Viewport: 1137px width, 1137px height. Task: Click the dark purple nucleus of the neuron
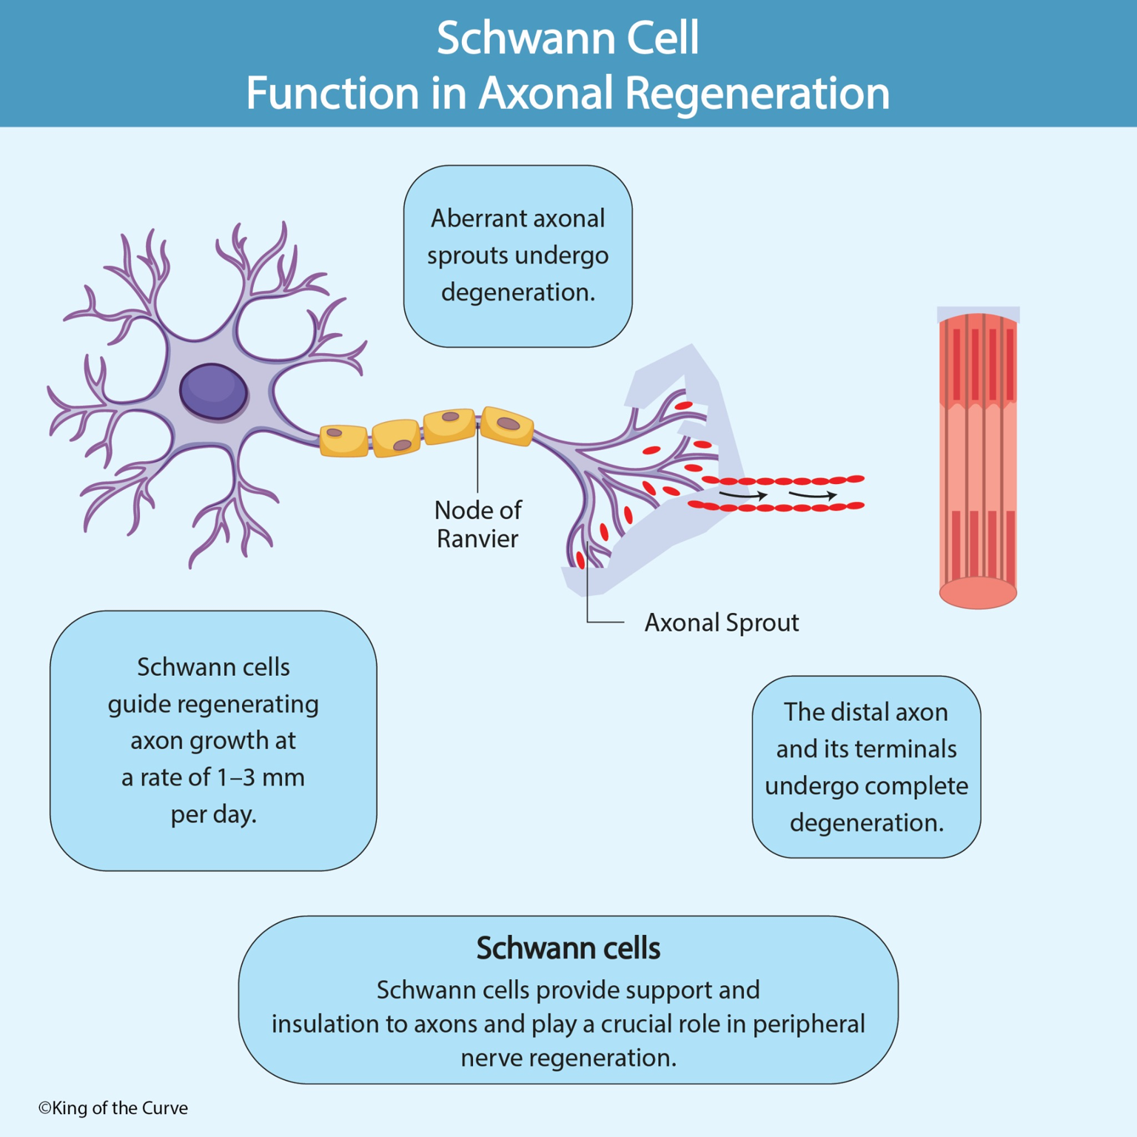[x=213, y=392]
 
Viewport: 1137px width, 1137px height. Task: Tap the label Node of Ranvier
[x=477, y=524]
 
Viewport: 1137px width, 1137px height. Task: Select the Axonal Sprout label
[x=721, y=623]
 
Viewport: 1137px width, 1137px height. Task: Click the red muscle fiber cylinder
[x=978, y=459]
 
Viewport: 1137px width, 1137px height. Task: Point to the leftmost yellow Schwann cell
[x=343, y=440]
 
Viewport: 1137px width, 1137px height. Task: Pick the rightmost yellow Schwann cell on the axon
[x=508, y=426]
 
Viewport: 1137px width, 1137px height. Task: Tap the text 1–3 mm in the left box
[x=260, y=777]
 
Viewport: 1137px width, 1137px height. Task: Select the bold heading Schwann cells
[x=568, y=948]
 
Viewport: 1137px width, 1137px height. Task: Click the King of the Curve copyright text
[x=113, y=1108]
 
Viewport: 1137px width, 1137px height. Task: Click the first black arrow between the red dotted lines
[x=743, y=494]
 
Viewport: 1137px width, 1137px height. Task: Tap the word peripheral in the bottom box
[x=808, y=1024]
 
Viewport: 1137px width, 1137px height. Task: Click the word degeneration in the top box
[x=517, y=292]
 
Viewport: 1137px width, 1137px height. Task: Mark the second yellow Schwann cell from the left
[x=397, y=437]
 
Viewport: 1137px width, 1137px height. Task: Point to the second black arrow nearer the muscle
[x=813, y=494]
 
